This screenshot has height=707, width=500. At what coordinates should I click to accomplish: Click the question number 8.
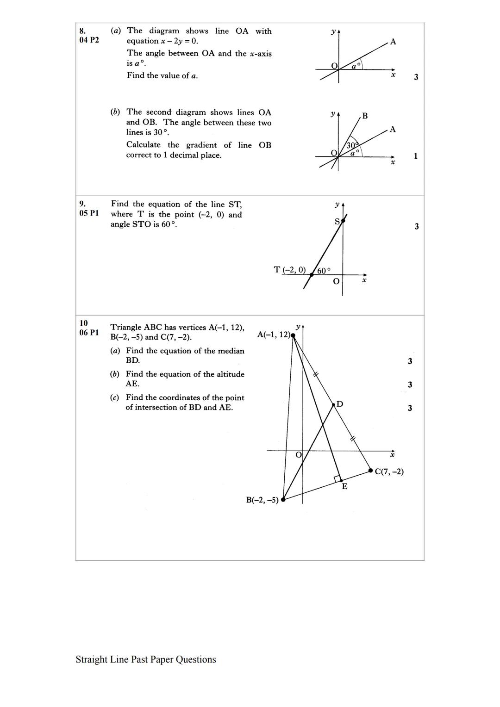tap(82, 31)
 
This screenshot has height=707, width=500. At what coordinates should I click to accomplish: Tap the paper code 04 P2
tap(89, 40)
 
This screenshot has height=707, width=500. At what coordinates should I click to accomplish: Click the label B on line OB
tap(365, 116)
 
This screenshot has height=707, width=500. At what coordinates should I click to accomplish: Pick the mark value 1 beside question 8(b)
tap(415, 156)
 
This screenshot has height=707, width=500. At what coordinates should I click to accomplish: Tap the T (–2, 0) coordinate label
tap(290, 270)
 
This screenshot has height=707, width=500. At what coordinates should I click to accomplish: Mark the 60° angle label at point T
tap(324, 271)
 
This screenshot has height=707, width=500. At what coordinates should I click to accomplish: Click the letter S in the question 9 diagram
tap(337, 222)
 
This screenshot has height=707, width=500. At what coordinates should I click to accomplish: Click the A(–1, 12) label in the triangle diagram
tap(274, 335)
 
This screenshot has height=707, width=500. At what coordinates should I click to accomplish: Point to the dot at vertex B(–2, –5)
tap(283, 499)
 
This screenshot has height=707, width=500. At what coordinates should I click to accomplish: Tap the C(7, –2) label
tap(389, 471)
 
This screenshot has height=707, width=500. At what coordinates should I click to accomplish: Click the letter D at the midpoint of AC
tap(340, 404)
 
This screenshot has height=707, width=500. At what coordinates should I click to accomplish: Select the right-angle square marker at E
tap(338, 479)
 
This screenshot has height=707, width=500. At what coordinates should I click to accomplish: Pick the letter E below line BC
tap(344, 486)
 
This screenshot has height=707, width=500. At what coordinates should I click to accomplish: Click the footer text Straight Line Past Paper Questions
tap(146, 659)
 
